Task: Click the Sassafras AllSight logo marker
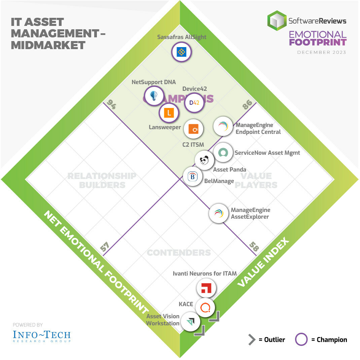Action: coord(181,52)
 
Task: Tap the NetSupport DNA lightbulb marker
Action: coord(154,96)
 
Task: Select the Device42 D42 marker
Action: coord(194,103)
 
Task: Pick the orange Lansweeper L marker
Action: coord(169,113)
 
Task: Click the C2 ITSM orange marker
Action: coord(193,129)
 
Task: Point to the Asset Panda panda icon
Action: coord(205,160)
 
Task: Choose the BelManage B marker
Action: coord(193,176)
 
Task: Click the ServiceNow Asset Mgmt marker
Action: coord(223,152)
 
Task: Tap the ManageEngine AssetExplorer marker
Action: coord(219,213)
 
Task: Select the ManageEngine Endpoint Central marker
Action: coord(223,126)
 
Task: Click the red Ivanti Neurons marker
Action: coord(206,288)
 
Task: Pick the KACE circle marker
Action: coord(205,307)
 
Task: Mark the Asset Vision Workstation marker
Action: coord(191,321)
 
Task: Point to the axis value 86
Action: coord(247,105)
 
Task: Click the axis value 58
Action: coord(254,247)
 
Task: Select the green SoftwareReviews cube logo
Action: coord(277,21)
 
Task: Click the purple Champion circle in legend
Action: coord(301,339)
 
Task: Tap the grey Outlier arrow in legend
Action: coord(252,340)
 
